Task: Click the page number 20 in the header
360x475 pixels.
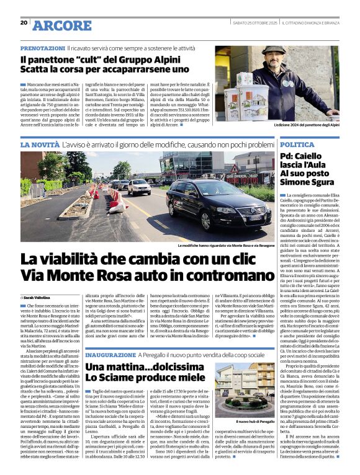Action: pyautogui.click(x=24, y=22)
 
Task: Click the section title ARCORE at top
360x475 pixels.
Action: pyautogui.click(x=61, y=25)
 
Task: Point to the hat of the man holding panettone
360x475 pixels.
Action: pyautogui.click(x=273, y=50)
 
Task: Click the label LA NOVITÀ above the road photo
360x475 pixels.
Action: pyautogui.click(x=40, y=144)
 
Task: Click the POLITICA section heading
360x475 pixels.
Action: pyautogui.click(x=297, y=144)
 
